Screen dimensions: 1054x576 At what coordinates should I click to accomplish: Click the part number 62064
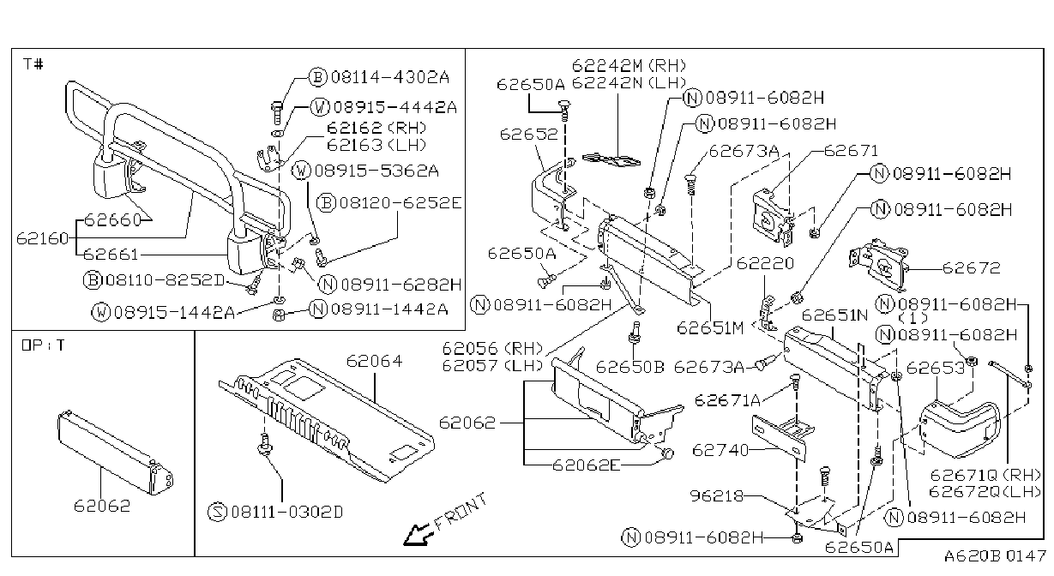375,361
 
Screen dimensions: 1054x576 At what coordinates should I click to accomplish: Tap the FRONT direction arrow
418,535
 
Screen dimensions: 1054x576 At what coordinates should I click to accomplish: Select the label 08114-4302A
390,77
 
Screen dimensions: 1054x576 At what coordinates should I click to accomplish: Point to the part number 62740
720,451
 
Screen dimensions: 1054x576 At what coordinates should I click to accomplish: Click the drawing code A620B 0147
995,556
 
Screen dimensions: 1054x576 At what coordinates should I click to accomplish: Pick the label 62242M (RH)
629,65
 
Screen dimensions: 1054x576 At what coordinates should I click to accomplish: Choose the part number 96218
717,495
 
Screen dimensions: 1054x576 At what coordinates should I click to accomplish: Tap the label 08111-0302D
287,512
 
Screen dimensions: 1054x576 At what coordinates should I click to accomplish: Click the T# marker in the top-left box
33,63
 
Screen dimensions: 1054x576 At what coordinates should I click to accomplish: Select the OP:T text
43,345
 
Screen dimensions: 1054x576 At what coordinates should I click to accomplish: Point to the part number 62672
971,268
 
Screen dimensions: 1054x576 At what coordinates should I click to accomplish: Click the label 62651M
710,327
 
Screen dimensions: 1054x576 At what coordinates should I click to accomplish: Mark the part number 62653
936,368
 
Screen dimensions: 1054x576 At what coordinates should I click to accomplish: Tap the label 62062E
587,465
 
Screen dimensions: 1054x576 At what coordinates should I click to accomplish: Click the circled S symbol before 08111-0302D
217,512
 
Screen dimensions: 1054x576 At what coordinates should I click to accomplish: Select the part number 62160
43,239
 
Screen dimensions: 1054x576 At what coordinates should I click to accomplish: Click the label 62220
765,263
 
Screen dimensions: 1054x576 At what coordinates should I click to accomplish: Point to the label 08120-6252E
401,203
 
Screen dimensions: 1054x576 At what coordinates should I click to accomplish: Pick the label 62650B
630,367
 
